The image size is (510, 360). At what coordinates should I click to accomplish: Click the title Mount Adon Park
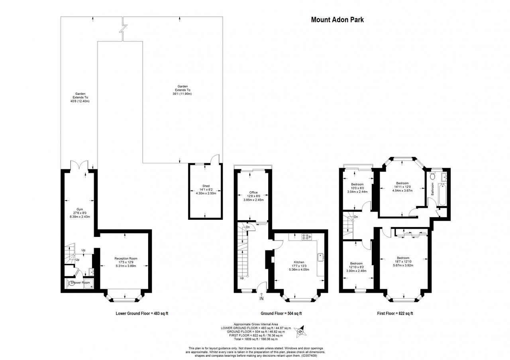point(337,20)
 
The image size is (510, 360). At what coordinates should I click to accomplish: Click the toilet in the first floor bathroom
point(432,176)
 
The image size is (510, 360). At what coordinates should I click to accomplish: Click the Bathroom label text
point(432,189)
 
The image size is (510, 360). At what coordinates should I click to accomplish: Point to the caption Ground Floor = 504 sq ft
point(281,313)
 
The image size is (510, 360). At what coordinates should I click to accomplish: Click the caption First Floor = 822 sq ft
point(395,313)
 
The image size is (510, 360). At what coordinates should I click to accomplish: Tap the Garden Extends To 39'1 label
point(182,90)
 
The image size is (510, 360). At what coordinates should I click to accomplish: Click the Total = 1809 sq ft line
point(256,339)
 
